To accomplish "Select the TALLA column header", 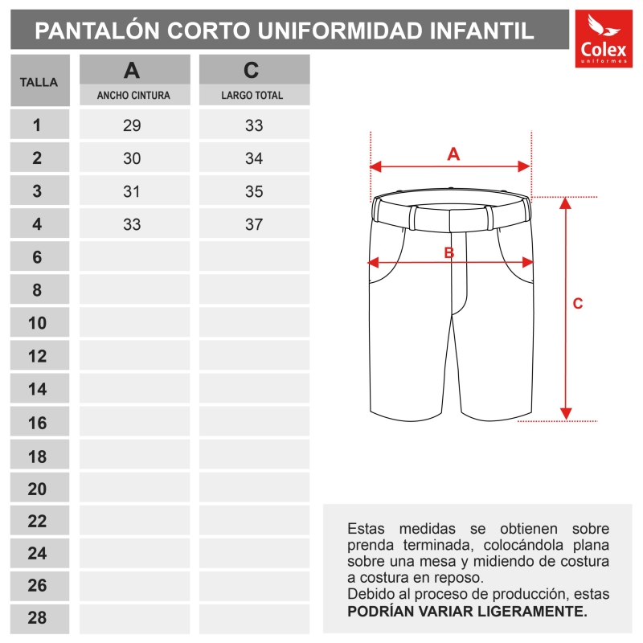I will (x=39, y=82).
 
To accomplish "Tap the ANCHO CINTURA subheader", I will (x=133, y=95).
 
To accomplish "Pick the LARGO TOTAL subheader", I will (x=252, y=95).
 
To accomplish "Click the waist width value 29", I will (x=132, y=125).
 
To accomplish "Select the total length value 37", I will (x=254, y=224).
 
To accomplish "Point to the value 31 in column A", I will (x=132, y=191).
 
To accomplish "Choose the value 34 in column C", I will (x=254, y=158).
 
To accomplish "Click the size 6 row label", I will (x=37, y=257).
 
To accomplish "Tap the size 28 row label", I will (x=37, y=618).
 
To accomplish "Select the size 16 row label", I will (x=37, y=423).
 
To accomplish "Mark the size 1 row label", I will (x=37, y=125).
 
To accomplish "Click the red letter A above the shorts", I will (x=453, y=154).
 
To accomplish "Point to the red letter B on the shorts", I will (x=449, y=252).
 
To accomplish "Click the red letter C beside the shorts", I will (x=577, y=304).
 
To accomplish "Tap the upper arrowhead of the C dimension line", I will (x=567, y=203).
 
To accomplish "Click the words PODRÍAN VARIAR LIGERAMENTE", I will (x=467, y=611).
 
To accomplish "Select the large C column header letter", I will (x=252, y=71).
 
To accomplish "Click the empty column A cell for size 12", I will (x=134, y=356).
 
